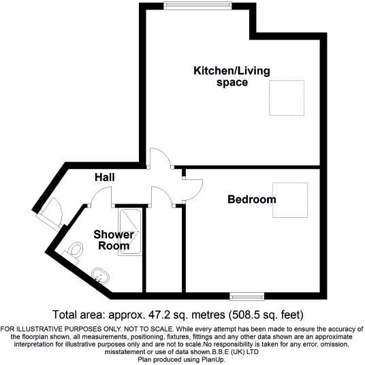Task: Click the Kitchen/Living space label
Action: (221, 76)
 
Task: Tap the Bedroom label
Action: (252, 200)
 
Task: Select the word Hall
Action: (104, 177)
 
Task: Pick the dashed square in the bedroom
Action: (291, 200)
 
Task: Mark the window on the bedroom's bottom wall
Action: (247, 295)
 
